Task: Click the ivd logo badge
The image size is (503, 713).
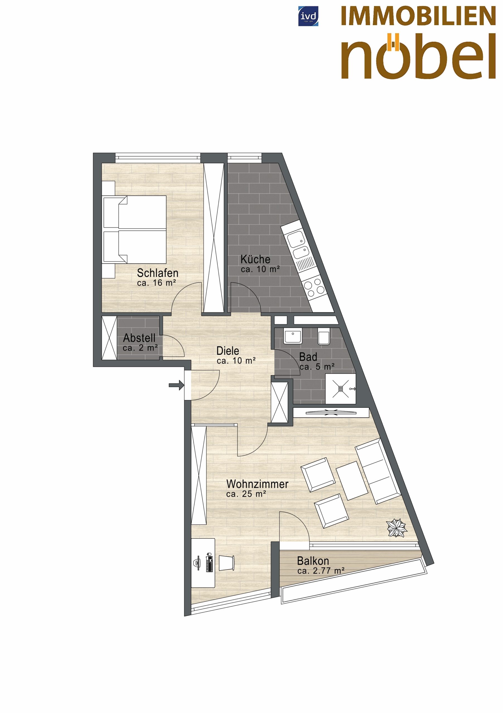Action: (x=308, y=16)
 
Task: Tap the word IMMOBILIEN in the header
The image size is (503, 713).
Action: (x=418, y=16)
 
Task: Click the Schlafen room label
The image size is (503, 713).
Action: (x=158, y=273)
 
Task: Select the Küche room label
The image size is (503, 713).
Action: (x=255, y=259)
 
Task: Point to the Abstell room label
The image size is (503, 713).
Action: (x=139, y=338)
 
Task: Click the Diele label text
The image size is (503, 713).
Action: (x=228, y=351)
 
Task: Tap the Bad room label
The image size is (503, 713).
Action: (x=308, y=357)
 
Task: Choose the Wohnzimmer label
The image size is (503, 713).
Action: (x=257, y=484)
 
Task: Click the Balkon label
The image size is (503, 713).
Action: (x=313, y=561)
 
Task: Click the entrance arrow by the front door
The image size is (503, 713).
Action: (x=176, y=386)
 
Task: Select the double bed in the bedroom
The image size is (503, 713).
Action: (x=134, y=229)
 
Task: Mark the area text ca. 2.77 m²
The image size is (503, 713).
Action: (x=321, y=571)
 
